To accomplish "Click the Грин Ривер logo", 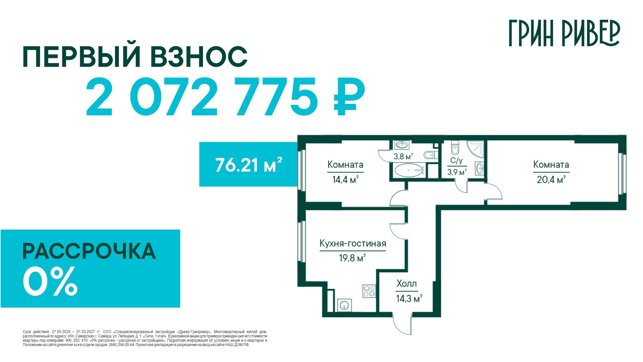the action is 564,33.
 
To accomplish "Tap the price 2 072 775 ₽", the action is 225,97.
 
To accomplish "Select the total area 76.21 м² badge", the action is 248,164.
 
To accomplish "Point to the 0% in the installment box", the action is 50,281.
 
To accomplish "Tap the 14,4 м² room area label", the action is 345,180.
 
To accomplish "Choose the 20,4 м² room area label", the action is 551,180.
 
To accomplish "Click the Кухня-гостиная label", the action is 353,243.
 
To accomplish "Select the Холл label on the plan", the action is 407,284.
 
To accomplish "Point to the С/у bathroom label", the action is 456,161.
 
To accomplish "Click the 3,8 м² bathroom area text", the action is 403,156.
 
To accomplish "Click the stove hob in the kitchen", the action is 369,291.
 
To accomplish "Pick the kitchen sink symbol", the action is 344,305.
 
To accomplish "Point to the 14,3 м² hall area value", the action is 409,298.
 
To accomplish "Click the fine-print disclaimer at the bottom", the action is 145,338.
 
